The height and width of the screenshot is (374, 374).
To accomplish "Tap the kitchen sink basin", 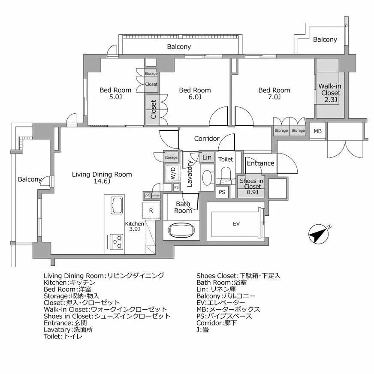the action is click(x=118, y=205).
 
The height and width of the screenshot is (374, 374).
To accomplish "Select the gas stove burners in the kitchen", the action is click(x=118, y=242).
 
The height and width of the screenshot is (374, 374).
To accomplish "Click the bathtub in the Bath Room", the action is click(x=181, y=230).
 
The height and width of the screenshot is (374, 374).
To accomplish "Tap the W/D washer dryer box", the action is click(x=173, y=173).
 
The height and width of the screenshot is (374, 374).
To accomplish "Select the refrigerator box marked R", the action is click(x=151, y=210).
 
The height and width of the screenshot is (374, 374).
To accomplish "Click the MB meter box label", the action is click(x=317, y=131).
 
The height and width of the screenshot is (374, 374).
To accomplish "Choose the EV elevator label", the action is click(x=236, y=224).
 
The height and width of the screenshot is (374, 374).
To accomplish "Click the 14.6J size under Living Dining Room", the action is click(x=102, y=181).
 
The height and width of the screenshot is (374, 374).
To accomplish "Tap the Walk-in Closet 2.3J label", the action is click(x=330, y=93).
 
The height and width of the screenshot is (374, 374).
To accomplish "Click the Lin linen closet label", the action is click(x=207, y=157).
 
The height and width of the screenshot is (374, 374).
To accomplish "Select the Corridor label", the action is click(x=207, y=139).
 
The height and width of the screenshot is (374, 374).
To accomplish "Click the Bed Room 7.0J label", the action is click(x=274, y=93).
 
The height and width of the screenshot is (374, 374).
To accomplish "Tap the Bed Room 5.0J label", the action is click(x=115, y=93).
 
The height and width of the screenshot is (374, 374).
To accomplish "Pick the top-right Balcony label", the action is click(x=325, y=39).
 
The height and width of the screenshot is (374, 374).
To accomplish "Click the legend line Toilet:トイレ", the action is click(x=63, y=337).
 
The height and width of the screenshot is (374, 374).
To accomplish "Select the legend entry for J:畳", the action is click(x=202, y=330).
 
